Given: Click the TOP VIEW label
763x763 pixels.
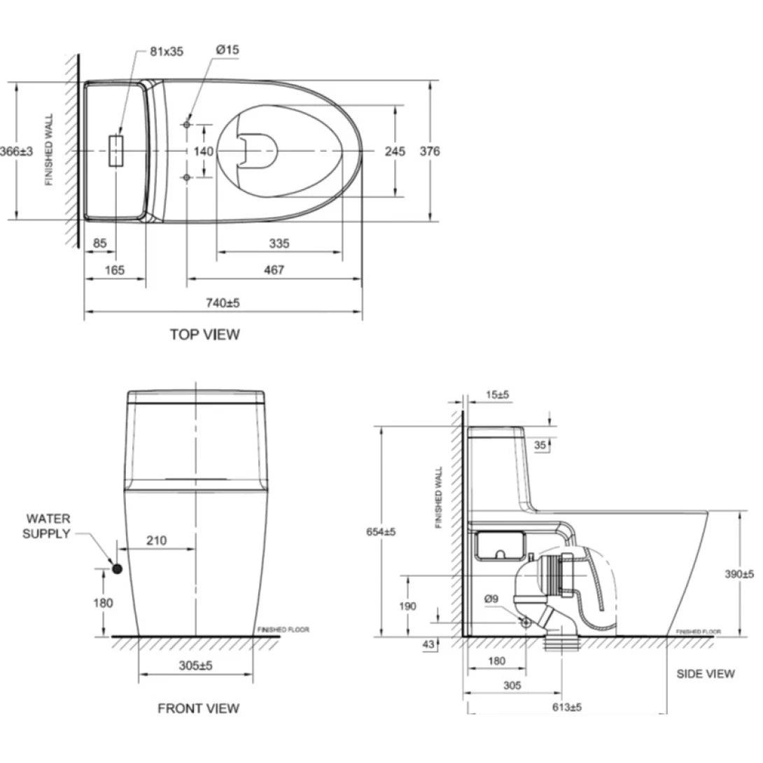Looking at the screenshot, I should point(204,335).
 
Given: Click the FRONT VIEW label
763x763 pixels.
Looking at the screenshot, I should point(198,708).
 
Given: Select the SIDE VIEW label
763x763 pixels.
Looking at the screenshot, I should point(706,673).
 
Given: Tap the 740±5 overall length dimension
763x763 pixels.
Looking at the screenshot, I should point(223,303).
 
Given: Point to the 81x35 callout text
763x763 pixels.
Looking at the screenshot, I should point(166,51).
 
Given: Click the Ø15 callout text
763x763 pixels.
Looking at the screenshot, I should point(228,51).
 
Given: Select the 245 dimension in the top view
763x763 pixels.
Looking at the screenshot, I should point(395,151).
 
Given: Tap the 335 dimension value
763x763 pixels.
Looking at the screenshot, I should point(279,244).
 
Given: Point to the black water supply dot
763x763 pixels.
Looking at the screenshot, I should point(117,569).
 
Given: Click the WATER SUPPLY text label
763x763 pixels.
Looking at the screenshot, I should point(48,526).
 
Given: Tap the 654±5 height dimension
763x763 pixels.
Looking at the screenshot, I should point(380,532).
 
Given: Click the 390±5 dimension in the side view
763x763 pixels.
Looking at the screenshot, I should point(739,574).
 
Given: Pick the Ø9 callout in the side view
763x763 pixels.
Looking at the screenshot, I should point(491,598).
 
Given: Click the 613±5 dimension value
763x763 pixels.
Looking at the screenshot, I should point(566,707).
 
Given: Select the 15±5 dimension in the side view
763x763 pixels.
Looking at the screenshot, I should point(497,395).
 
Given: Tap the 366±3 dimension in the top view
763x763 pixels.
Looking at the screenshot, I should point(15,151).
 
